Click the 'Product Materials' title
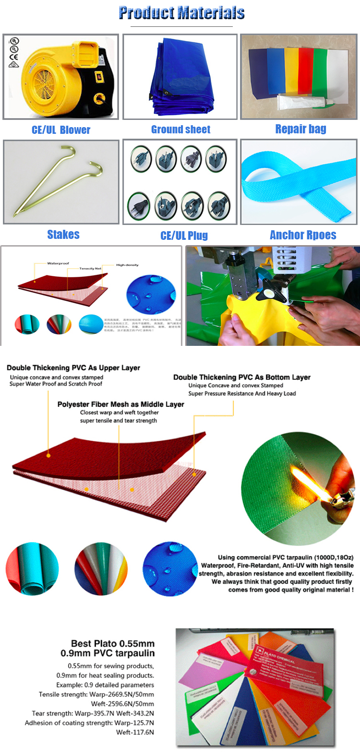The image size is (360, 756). click(181, 13)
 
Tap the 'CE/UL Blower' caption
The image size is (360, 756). click(61, 130)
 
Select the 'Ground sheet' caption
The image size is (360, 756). click(180, 130)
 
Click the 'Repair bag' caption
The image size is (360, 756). click(300, 129)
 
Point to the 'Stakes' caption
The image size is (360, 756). click(63, 235)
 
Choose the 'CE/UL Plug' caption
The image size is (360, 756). click(184, 236)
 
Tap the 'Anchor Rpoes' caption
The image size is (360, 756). click(303, 235)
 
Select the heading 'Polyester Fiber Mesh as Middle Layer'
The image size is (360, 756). click(120, 404)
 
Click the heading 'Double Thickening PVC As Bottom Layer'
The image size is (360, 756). click(241, 378)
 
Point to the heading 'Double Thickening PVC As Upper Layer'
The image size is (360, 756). click(73, 368)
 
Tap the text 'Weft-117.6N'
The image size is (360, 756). click(135, 732)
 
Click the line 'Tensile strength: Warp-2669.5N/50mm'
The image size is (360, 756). click(96, 695)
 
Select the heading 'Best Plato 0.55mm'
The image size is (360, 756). click(113, 644)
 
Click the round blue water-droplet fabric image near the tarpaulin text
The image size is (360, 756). click(170, 569)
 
